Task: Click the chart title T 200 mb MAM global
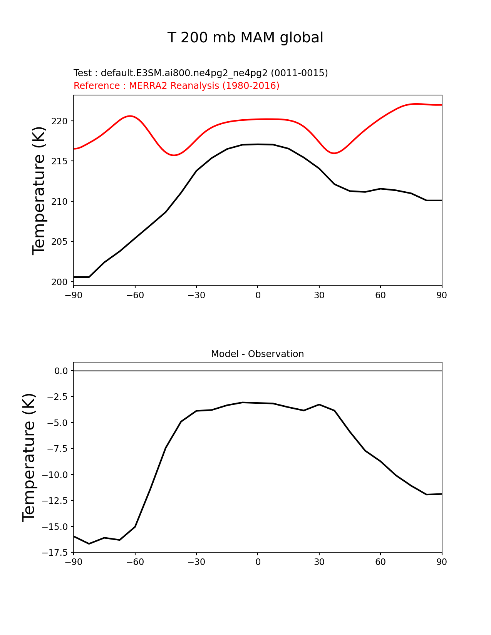point(245,38)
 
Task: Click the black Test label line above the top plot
point(201,73)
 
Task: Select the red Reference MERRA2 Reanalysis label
point(176,86)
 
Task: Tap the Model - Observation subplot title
point(257,354)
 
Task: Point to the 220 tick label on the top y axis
point(59,121)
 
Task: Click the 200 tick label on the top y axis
point(59,282)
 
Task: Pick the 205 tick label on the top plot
point(59,242)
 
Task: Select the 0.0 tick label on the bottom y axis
point(61,371)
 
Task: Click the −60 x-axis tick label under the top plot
point(135,295)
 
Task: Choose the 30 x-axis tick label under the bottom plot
point(319,562)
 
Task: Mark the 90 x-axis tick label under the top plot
point(442,295)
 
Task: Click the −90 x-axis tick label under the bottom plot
point(74,562)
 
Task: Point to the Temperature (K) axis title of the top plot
point(39,190)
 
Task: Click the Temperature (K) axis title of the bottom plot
point(29,457)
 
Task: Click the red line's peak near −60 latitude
point(130,116)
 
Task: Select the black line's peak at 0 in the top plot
point(258,144)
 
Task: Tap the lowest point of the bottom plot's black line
point(89,544)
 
